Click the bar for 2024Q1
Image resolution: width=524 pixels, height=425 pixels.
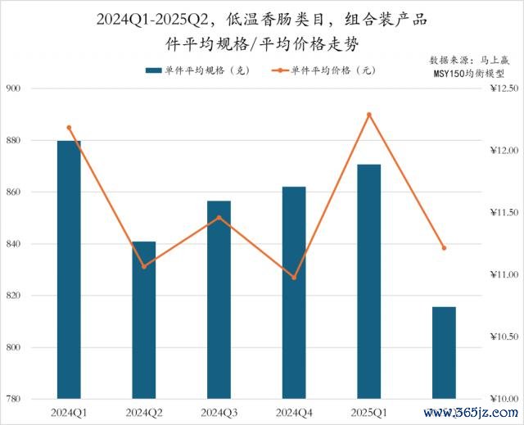pyautogui.click(x=69, y=270)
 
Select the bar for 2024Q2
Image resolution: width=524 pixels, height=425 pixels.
pyautogui.click(x=144, y=320)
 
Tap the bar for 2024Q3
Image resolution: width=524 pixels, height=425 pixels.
pyautogui.click(x=219, y=300)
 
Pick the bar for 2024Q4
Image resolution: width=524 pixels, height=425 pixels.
pyautogui.click(x=294, y=293)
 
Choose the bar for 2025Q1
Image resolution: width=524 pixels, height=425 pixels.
pyautogui.click(x=369, y=282)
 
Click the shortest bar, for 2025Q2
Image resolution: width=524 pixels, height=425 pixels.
pyautogui.click(x=444, y=353)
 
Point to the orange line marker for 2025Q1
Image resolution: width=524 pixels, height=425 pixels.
pyautogui.click(x=369, y=115)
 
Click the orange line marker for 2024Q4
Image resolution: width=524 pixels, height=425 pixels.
pyautogui.click(x=294, y=278)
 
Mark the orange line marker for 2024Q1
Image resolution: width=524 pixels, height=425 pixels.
pyautogui.click(x=69, y=127)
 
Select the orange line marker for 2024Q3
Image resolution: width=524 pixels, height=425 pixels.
pyautogui.click(x=219, y=218)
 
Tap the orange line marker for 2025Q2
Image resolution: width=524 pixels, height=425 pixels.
pyautogui.click(x=444, y=247)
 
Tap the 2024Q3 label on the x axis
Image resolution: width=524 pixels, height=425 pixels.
pyautogui.click(x=219, y=411)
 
